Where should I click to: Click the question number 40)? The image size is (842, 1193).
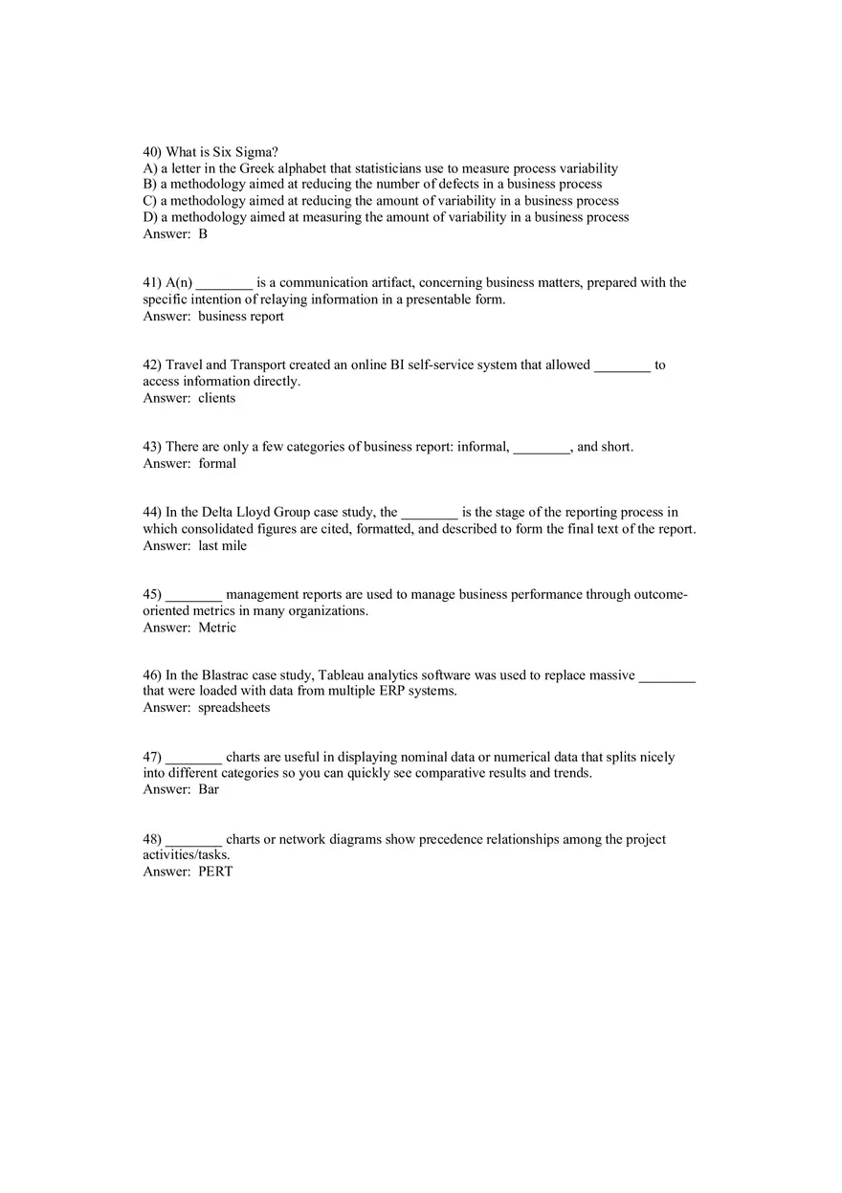coord(152,152)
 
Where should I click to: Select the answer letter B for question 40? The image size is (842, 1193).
coord(203,233)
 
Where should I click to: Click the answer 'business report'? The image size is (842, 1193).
coord(241,317)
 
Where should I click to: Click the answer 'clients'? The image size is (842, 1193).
coord(217,398)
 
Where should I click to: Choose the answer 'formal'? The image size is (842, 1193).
coord(217,464)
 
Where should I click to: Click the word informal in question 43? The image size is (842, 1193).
coord(482,447)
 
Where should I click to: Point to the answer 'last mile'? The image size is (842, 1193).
coord(223,546)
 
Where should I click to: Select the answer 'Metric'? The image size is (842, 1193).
coord(217,628)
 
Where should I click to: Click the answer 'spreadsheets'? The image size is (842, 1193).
coord(234,708)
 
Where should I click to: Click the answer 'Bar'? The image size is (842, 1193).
coord(209,789)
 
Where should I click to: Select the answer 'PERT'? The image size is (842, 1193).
coord(215,872)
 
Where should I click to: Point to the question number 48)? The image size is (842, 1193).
coord(152,840)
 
